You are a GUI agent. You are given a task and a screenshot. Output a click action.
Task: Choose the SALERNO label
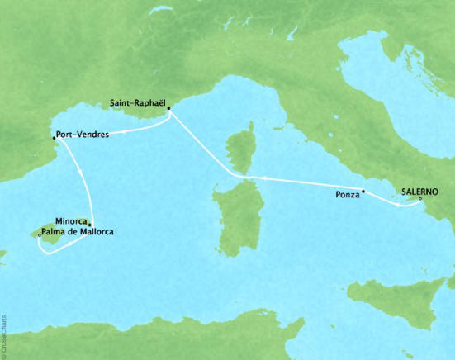coord(420,189)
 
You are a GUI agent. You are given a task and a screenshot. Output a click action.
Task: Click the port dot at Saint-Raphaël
coord(168,109)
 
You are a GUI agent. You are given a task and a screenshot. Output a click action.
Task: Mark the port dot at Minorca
coord(90,225)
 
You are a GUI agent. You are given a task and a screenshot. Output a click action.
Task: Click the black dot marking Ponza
coord(363,191)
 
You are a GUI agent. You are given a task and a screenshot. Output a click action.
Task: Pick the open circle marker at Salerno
coord(420,198)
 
